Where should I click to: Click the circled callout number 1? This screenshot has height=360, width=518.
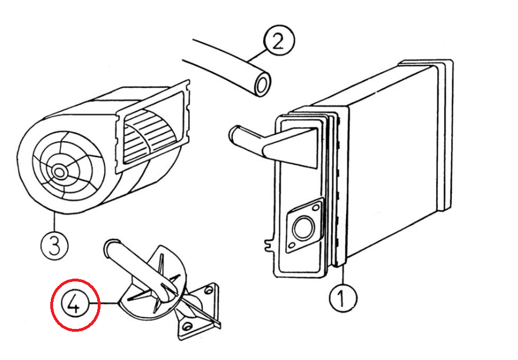[x=343, y=298]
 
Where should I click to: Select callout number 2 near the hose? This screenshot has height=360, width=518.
[x=278, y=41]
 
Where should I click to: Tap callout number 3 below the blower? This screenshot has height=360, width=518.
[x=55, y=245]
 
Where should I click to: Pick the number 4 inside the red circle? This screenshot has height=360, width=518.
[x=75, y=306]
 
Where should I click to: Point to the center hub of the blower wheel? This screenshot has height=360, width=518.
[x=59, y=170]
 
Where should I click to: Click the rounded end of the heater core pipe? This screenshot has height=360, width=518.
[x=233, y=136]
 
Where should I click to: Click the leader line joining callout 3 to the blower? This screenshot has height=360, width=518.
[x=53, y=223]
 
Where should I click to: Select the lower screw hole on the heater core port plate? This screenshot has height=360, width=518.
[x=291, y=246]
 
